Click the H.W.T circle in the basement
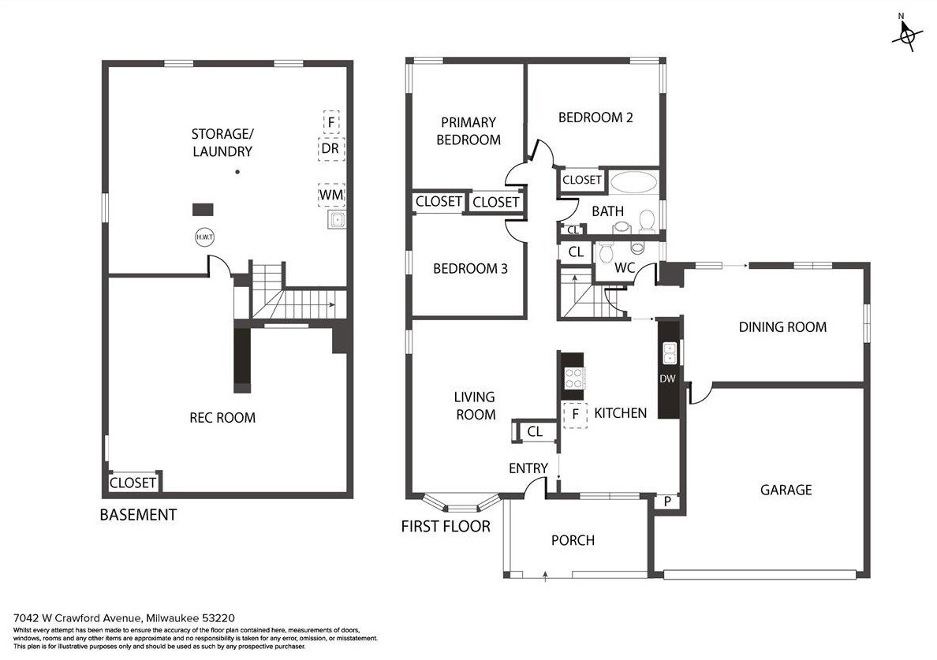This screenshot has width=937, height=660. click(x=205, y=237)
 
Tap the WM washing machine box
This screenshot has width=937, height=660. click(x=331, y=195)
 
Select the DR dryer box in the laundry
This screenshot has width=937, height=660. click(x=330, y=148)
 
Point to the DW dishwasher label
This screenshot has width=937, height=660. click(x=667, y=378)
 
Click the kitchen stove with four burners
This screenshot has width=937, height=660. click(x=573, y=377)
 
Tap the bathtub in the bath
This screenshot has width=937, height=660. click(x=634, y=182)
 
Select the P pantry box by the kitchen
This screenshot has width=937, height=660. click(x=667, y=502)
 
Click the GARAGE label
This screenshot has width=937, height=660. click(x=786, y=490)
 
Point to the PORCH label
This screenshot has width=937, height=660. click(x=573, y=541)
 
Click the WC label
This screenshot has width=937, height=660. click(x=625, y=267)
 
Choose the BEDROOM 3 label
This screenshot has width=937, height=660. click(x=470, y=269)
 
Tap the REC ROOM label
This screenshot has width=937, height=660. click(x=222, y=417)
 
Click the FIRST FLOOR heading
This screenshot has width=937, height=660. click(x=446, y=526)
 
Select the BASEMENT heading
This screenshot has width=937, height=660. click(x=138, y=514)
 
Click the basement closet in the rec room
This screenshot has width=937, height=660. click(x=133, y=482)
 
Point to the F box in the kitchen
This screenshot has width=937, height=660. click(x=576, y=415)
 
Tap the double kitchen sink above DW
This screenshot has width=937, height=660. click(x=669, y=352)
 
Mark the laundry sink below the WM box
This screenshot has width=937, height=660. click(x=337, y=220)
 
